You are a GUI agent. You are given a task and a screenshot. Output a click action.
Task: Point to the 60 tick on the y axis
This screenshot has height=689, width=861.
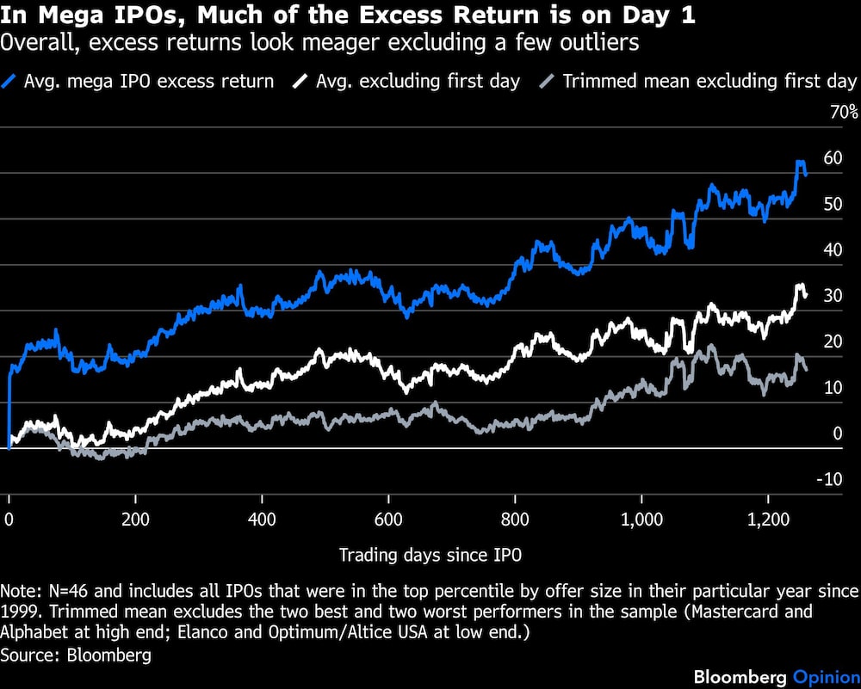tap(833, 157)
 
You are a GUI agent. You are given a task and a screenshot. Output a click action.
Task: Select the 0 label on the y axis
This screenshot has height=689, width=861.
tap(833, 434)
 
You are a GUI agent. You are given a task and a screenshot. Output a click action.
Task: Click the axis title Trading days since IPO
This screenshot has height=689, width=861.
tap(430, 555)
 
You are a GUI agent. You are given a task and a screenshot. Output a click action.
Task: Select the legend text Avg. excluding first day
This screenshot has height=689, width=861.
tap(418, 82)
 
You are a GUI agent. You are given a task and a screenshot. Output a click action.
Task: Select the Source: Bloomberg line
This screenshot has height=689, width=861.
tap(76, 655)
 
